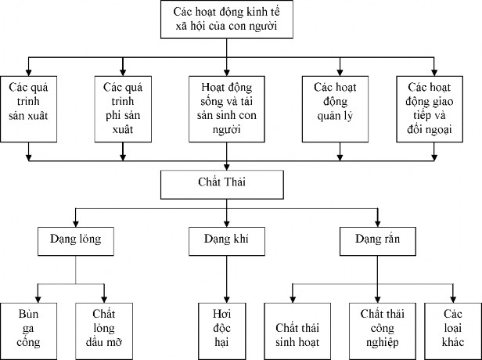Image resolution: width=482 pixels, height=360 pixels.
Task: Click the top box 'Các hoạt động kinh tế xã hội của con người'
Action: [x=227, y=20]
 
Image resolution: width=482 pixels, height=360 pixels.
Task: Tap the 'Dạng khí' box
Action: [x=227, y=240]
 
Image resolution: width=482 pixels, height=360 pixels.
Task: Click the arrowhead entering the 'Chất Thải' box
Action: [x=227, y=167]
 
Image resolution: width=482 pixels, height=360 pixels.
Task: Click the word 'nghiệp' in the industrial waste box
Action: [x=379, y=342]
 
